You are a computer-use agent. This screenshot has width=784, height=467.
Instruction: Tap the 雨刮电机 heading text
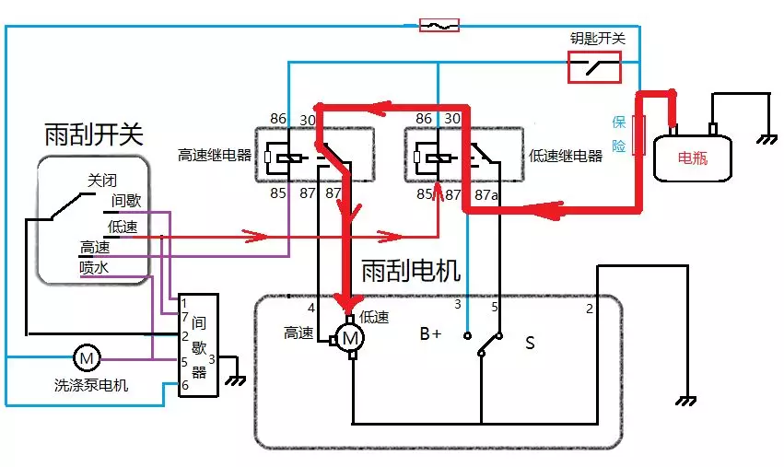411,271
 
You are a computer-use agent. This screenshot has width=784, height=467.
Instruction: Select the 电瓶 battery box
693,157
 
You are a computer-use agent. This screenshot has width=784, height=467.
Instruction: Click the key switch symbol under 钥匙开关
593,66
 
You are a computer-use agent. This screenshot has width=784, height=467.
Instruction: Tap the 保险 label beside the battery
619,134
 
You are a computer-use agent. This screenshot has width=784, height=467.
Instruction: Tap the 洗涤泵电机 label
91,385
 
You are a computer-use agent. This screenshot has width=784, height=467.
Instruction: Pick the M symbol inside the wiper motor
350,339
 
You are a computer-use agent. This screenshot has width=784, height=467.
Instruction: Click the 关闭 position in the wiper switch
103,181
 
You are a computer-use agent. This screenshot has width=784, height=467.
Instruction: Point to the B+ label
430,334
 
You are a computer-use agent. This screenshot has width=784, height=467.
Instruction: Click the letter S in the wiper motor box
530,343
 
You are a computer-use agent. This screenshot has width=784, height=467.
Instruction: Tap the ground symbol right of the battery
764,140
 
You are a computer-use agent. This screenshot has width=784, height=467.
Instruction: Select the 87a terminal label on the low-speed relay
486,193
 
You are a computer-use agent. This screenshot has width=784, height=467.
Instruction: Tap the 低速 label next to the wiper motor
374,317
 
